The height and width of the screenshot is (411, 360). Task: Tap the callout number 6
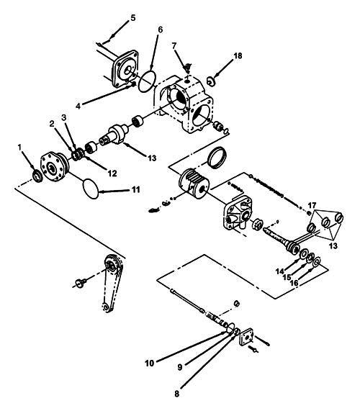click(x=161, y=30)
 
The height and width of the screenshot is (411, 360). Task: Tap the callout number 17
click(x=311, y=205)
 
